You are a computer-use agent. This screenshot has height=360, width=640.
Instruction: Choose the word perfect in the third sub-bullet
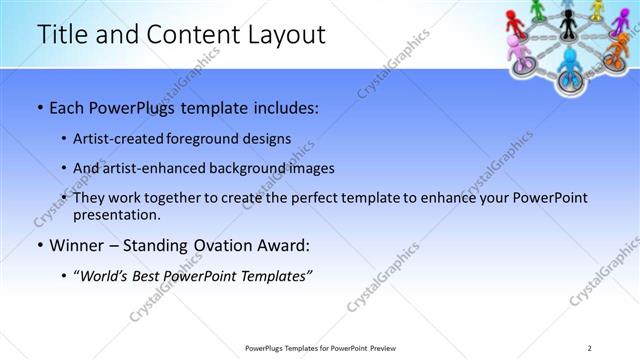pos(327,198)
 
